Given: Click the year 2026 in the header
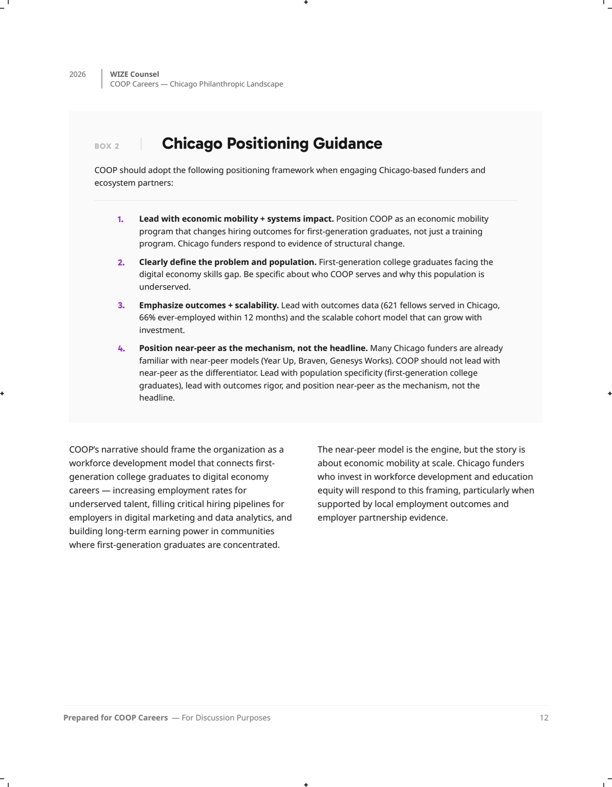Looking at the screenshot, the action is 77,74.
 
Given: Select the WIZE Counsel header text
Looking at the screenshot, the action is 134,74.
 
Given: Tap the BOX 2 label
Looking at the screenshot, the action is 107,146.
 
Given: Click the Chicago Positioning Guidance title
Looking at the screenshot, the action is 272,144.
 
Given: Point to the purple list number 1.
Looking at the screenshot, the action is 121,219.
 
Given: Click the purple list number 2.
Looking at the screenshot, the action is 121,263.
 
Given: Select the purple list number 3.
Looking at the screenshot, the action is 121,305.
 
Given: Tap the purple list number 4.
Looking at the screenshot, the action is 121,349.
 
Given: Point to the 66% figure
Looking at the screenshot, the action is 147,318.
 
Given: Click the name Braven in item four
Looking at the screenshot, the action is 311,361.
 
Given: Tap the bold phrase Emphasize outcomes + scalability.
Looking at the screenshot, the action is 209,305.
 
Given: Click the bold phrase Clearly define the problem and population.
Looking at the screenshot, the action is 227,262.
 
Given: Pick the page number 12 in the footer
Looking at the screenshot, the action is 544,718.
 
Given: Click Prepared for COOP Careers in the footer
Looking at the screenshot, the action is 116,718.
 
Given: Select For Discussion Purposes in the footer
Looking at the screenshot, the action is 226,718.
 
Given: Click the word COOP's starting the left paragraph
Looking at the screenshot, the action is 84,450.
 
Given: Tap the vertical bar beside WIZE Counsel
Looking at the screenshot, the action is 102,79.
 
